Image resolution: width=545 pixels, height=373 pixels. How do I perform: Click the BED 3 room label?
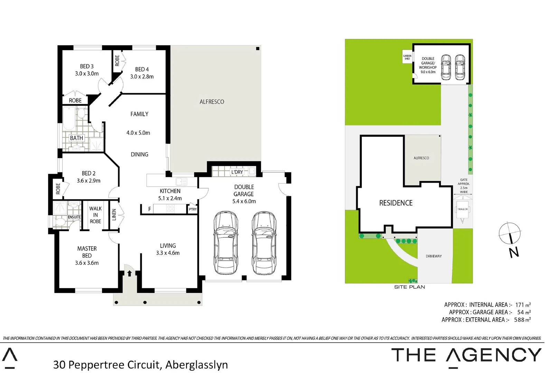coord(87,66)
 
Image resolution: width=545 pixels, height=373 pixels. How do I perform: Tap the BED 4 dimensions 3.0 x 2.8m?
coord(142,77)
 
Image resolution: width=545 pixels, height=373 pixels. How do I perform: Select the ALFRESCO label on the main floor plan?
coord(212,102)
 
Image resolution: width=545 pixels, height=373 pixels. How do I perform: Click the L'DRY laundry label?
coord(237,172)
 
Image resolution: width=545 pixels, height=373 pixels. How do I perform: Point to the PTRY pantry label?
coord(192,209)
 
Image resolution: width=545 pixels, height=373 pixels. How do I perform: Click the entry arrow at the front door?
coord(129,274)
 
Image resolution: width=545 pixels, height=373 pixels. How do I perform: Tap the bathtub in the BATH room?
coord(69,118)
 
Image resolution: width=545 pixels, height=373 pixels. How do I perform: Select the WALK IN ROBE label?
coord(95,215)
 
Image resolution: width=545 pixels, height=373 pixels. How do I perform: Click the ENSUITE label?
coord(74,217)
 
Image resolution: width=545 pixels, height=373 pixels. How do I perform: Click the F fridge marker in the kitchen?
coord(149,209)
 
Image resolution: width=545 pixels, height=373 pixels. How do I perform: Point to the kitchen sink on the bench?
coord(181,181)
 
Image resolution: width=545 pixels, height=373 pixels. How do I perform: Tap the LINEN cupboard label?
coord(114,215)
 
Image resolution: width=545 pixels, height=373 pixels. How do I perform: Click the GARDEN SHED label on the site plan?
coord(407,57)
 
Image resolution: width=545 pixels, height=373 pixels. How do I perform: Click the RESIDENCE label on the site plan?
coord(396,203)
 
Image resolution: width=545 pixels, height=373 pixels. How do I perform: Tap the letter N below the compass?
coord(514,252)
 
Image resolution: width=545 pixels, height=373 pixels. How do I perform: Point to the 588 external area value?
coord(519,320)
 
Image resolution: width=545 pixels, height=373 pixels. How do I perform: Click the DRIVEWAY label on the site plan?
coord(433,256)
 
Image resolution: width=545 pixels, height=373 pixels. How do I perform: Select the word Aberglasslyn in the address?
coord(196,365)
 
